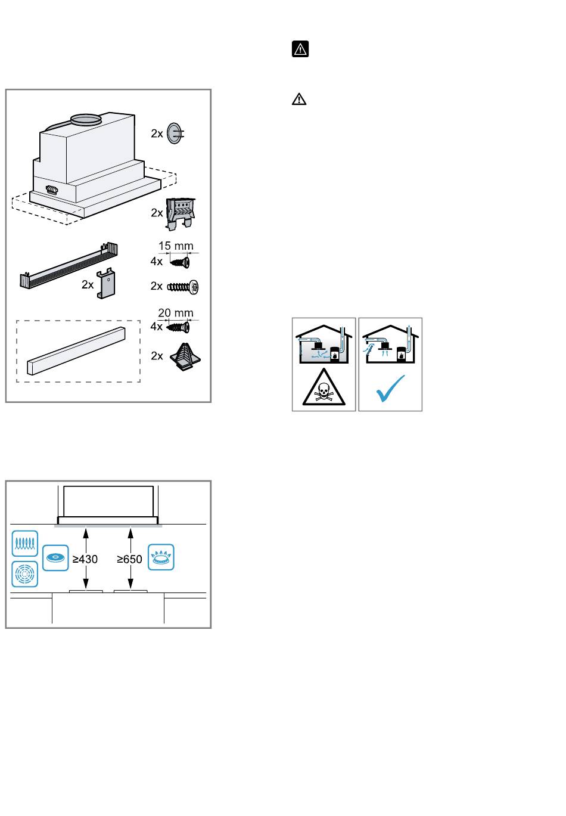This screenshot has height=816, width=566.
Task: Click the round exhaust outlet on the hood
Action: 85,119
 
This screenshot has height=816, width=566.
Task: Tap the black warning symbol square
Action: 300,49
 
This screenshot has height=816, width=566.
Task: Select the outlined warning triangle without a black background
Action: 299,99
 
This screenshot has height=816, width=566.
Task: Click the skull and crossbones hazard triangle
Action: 324,387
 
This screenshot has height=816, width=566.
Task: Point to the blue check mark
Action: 390,388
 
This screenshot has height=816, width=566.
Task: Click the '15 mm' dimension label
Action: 176,246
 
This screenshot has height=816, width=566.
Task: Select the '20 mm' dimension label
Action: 176,312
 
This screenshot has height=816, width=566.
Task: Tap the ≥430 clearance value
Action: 85,559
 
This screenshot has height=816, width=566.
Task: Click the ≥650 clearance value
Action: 129,559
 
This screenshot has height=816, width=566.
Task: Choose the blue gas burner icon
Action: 161,557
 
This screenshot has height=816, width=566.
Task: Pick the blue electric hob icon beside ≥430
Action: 55,557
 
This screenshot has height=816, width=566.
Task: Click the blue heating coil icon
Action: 25,543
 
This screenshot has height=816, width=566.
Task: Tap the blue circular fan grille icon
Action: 25,574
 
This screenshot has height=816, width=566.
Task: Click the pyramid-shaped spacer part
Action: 185,356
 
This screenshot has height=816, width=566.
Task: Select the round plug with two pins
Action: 175,134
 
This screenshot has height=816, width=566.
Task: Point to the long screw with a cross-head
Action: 183,287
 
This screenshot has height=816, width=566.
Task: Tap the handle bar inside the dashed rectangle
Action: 76,351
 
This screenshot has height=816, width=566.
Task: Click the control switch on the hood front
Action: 52,190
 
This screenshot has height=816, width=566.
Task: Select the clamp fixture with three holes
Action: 180,214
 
